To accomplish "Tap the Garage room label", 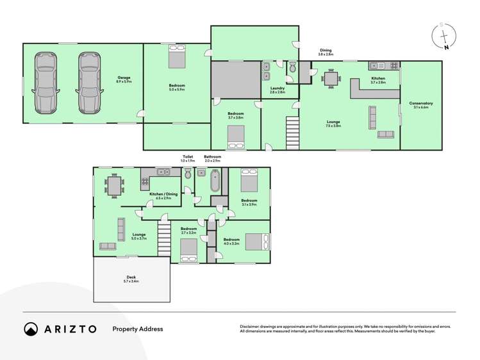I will click(x=124, y=79).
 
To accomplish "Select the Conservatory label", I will click(x=421, y=105).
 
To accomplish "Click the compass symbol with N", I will click(x=443, y=37).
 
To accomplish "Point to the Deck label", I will click(x=131, y=279).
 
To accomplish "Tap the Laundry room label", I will click(x=277, y=90).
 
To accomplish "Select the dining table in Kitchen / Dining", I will click(x=116, y=186).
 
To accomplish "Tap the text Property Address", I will click(x=138, y=329).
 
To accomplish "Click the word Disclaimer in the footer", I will click(x=252, y=326).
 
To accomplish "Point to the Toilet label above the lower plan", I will click(x=188, y=156).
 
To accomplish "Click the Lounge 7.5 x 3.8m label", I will click(x=333, y=123).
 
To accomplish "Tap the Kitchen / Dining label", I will click(x=160, y=195).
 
